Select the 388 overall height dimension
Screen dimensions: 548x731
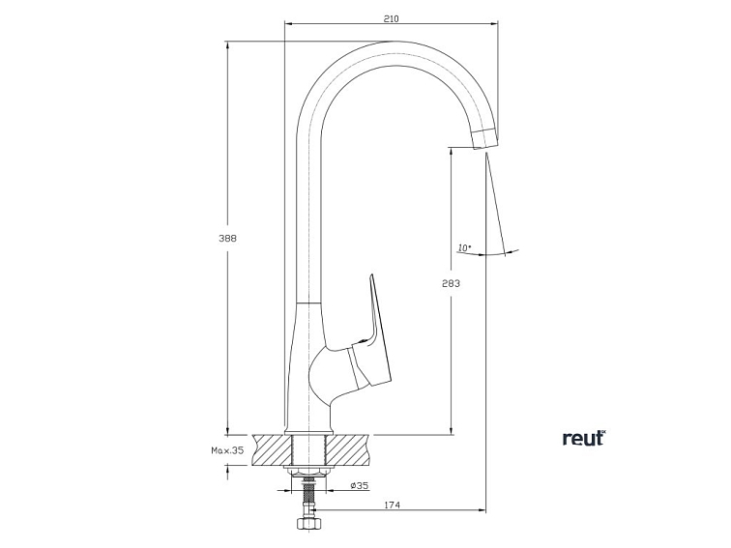pyautogui.click(x=229, y=238)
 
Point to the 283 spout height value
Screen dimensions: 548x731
pyautogui.click(x=451, y=283)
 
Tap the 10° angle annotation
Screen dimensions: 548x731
pyautogui.click(x=464, y=248)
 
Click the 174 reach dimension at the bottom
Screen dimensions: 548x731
pyautogui.click(x=393, y=505)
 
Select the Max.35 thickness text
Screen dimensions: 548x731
pyautogui.click(x=225, y=450)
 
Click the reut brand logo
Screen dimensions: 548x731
pyautogui.click(x=583, y=438)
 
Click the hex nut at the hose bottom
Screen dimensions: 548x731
pyautogui.click(x=308, y=526)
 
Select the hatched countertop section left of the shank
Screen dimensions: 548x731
pyautogui.click(x=271, y=450)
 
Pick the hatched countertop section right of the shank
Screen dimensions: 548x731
pyautogui.click(x=350, y=450)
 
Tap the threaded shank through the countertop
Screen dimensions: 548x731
pyautogui.click(x=308, y=450)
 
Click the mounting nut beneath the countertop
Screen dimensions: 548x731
pyautogui.click(x=309, y=471)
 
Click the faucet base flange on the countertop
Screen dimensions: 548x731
pyautogui.click(x=308, y=431)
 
